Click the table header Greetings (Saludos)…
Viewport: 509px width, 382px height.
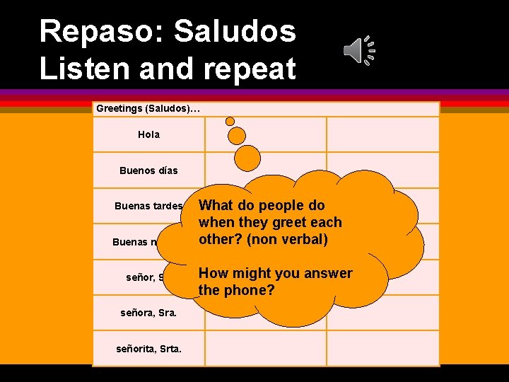click(x=148, y=108)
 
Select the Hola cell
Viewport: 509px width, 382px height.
click(x=149, y=134)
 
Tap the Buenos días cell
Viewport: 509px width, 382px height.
click(x=149, y=170)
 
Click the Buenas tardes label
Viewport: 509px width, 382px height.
click(x=148, y=207)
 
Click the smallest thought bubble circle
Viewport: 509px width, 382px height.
click(x=230, y=121)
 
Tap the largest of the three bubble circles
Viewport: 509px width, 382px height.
click(x=247, y=158)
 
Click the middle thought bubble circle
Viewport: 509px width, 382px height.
click(x=237, y=135)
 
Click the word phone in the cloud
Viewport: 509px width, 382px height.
click(x=249, y=290)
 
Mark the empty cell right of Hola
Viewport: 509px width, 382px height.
click(x=265, y=134)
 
